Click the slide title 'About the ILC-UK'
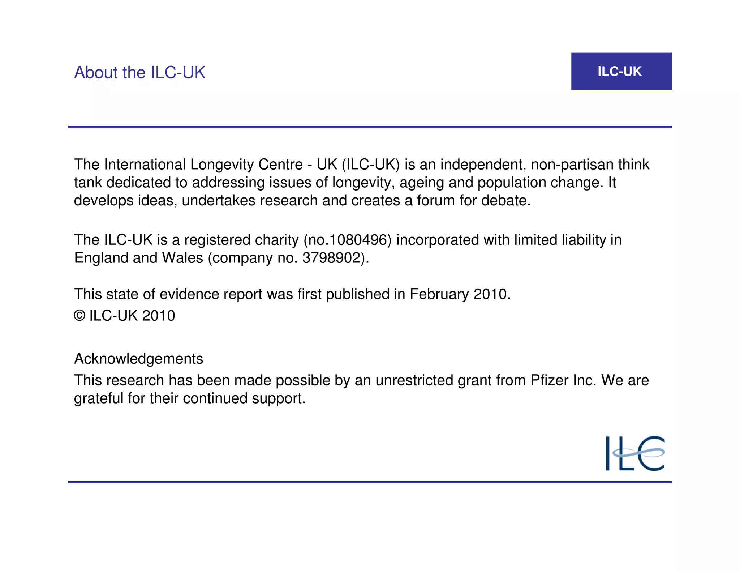[x=139, y=73]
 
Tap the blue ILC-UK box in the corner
[x=621, y=71]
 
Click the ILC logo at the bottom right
[x=635, y=453]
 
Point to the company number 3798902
[x=332, y=258]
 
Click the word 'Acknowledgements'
[x=138, y=359]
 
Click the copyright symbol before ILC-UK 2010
[x=79, y=316]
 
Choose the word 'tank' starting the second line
[x=88, y=183]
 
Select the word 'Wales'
[x=182, y=258]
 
